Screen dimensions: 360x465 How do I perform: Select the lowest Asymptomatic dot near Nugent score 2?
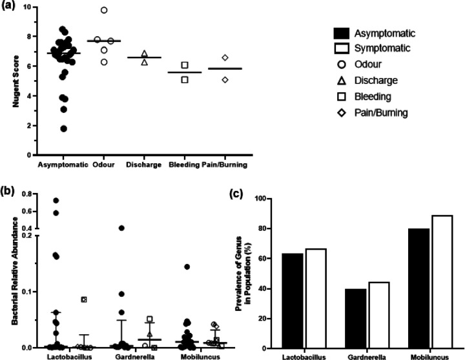[63, 128]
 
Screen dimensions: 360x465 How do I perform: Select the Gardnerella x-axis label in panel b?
[134, 355]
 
